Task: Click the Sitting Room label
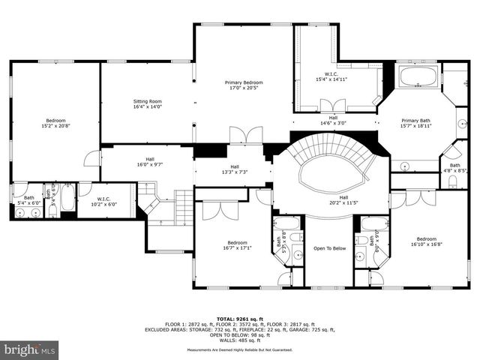148,103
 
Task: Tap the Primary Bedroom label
244,85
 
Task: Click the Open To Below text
328,248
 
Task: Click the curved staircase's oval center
330,175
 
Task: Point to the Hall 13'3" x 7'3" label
235,169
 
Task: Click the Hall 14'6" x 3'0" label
334,120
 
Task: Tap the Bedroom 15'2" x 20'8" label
55,124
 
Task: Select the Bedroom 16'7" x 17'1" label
238,245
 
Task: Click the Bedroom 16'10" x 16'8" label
426,241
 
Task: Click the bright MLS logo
30,349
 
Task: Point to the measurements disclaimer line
240,349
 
